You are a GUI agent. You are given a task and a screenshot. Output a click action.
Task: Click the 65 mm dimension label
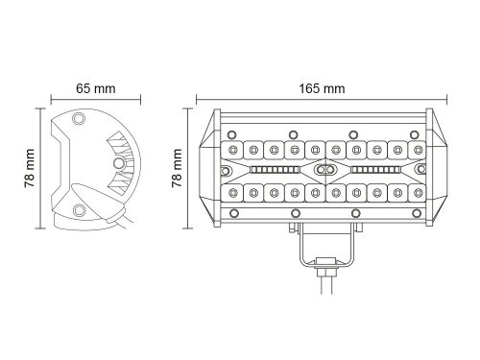tap(96, 88)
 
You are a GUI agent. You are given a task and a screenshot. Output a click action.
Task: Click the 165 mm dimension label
tap(322, 88)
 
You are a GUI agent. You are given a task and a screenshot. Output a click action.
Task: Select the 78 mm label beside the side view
tap(29, 168)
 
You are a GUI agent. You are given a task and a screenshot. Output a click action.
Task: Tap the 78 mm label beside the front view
tap(177, 168)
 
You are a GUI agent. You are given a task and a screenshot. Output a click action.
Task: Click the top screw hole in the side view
tap(79, 118)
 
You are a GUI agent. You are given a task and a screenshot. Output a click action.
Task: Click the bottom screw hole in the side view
tap(79, 210)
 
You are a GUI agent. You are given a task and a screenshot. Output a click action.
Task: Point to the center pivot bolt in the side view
tap(119, 163)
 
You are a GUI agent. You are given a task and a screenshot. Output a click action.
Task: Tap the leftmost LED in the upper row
tap(232, 150)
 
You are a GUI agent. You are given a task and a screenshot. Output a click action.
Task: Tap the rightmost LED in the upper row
tap(418, 150)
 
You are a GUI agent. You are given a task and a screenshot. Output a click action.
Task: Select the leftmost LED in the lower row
tap(232, 193)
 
